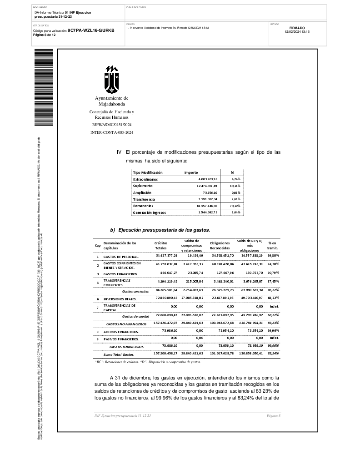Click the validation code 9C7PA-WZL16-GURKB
(x=91, y=30)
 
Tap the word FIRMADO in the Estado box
(x=297, y=28)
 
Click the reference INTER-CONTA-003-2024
(x=112, y=132)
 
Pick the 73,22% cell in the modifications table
(x=235, y=206)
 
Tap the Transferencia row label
(x=144, y=199)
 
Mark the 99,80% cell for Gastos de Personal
(x=273, y=257)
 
